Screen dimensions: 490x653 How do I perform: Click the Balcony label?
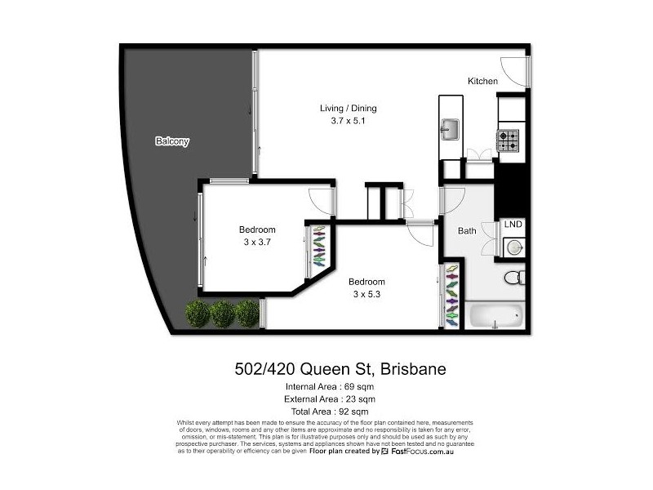pyautogui.click(x=172, y=141)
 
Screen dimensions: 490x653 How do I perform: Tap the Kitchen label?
pyautogui.click(x=482, y=82)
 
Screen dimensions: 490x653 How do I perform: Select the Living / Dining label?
pyautogui.click(x=348, y=109)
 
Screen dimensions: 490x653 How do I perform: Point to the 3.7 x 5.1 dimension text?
pyautogui.click(x=348, y=122)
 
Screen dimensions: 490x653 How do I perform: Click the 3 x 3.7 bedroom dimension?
pyautogui.click(x=257, y=243)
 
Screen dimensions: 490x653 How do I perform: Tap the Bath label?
pyautogui.click(x=466, y=231)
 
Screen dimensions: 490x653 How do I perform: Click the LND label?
pyautogui.click(x=513, y=225)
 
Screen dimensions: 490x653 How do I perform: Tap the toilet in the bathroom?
pyautogui.click(x=513, y=278)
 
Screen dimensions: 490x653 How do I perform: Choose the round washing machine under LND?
pyautogui.click(x=513, y=246)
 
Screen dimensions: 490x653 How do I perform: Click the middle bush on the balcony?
pyautogui.click(x=222, y=313)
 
